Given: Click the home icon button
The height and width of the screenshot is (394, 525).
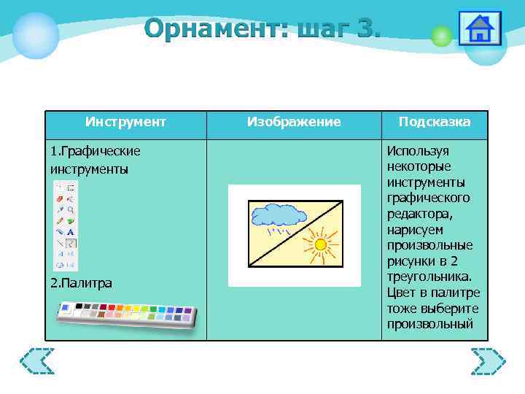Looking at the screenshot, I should click(x=479, y=28).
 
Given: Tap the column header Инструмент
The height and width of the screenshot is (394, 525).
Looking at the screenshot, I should click(x=125, y=122).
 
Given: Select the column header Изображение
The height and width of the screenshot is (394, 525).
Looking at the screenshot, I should click(x=293, y=122).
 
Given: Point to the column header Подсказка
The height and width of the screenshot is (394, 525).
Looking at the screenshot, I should click(x=435, y=122).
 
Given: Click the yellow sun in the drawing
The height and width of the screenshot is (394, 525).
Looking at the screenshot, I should click(x=319, y=244).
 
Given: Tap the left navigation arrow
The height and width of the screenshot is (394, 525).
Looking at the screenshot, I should click(x=37, y=361).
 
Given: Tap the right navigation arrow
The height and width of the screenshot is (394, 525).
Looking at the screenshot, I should click(x=488, y=361).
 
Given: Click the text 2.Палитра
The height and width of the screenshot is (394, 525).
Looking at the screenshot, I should click(x=81, y=283).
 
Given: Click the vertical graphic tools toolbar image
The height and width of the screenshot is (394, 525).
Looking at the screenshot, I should click(x=66, y=225).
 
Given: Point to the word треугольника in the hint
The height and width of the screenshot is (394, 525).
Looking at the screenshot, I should click(x=430, y=277).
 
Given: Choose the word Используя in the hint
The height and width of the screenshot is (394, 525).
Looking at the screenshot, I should click(x=418, y=151).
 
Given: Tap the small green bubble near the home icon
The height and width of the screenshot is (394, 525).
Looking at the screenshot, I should click(x=440, y=36).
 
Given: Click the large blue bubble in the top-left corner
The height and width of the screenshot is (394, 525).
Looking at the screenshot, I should click(x=35, y=35).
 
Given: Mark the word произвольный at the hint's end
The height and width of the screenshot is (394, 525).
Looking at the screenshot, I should click(x=430, y=325).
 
